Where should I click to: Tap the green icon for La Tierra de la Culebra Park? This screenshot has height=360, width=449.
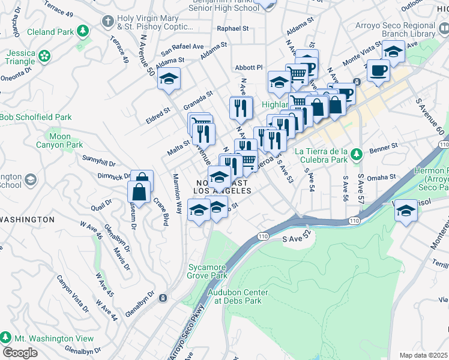[357, 155]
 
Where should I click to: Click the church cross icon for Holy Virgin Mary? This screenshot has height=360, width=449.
[107, 22]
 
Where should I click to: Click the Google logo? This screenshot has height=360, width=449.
[20, 353]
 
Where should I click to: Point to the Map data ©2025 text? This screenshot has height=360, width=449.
[424, 355]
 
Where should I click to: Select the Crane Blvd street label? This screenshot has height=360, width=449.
[159, 211]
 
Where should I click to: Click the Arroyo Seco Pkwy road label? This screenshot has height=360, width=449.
[190, 334]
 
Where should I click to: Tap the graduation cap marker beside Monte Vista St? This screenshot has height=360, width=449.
[393, 53]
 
